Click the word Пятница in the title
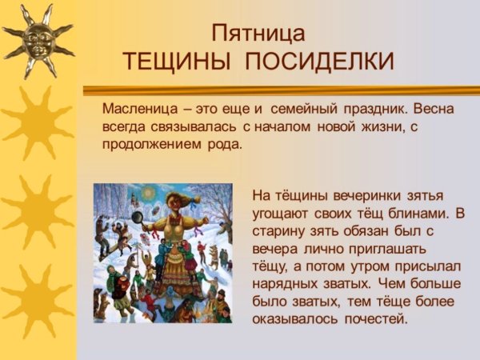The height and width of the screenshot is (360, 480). coord(258,34)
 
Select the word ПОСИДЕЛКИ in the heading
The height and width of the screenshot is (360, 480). coord(318,62)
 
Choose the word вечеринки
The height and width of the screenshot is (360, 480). coord(344,195)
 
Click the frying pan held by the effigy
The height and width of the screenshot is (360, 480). coord(136,216)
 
